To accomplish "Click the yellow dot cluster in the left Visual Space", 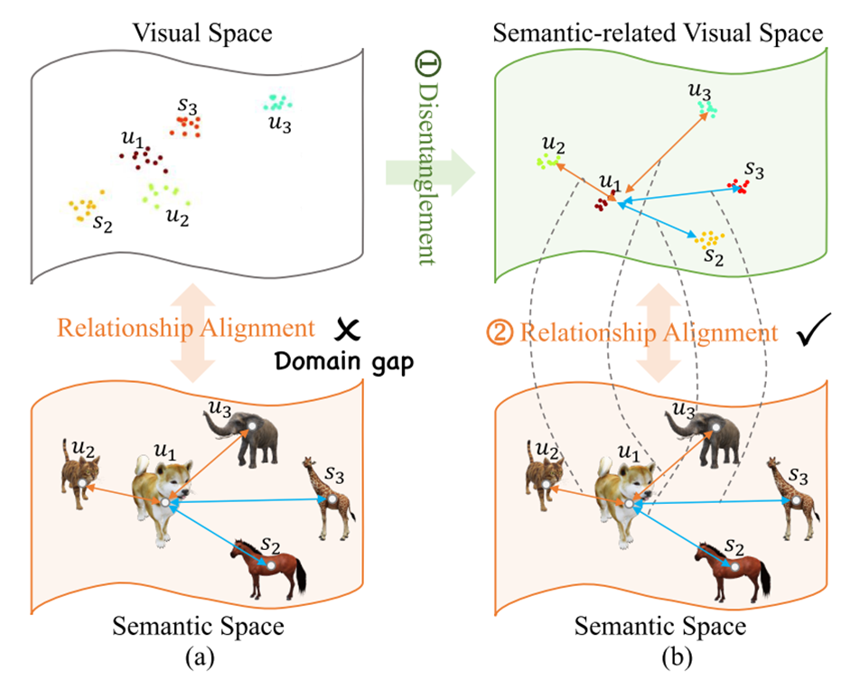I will (84, 208).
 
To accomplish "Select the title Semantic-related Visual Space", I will (658, 34).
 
